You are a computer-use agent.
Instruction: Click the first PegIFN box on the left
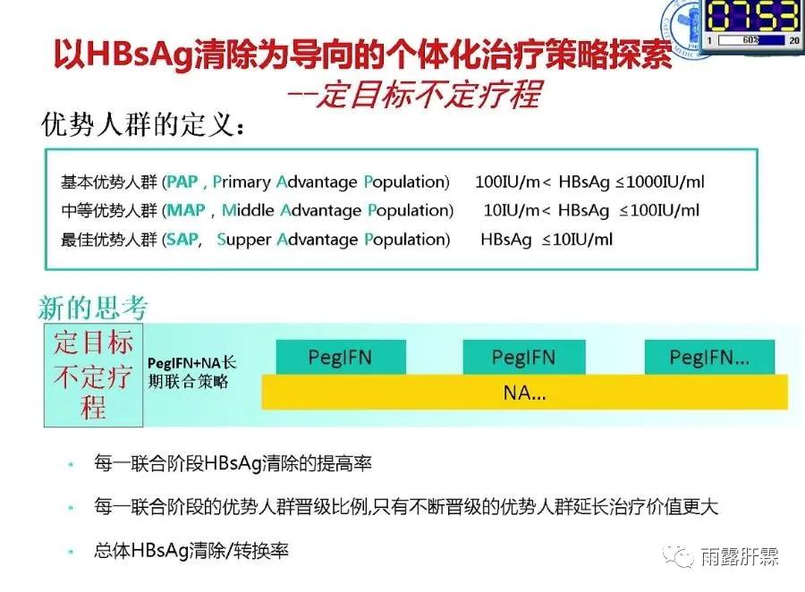point(340,358)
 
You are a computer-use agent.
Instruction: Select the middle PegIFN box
point(523,358)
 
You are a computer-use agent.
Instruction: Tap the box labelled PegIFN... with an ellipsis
point(709,358)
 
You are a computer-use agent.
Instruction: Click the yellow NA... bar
point(525,392)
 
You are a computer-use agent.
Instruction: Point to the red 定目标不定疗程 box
point(93,376)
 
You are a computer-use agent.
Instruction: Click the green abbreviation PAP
point(183,182)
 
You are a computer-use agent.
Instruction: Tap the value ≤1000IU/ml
point(660,182)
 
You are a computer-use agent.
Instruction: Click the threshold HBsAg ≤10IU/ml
point(547,239)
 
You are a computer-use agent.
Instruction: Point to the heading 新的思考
point(92,309)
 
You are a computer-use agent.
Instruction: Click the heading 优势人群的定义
point(143,126)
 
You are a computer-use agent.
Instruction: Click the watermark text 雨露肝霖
point(741,556)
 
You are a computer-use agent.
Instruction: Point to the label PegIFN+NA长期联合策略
point(191,370)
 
